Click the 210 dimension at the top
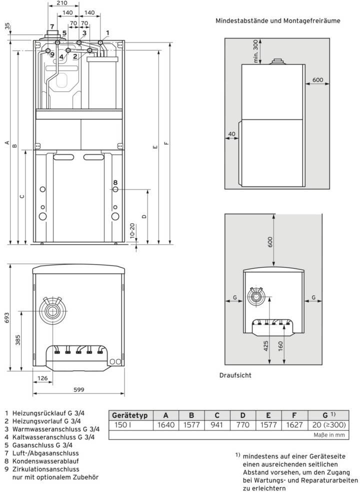(62, 3)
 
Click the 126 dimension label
(43, 378)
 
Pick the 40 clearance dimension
(231, 134)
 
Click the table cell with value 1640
(165, 425)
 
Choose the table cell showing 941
(216, 425)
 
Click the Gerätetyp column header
(130, 415)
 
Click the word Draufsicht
(235, 374)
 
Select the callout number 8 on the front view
(115, 182)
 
